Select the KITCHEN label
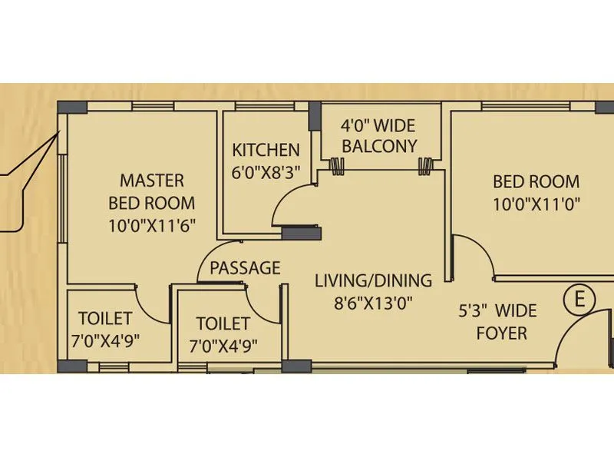[266, 150]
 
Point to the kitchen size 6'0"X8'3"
[266, 172]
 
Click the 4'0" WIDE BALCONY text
[379, 134]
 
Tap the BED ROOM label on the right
[536, 182]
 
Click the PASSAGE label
[245, 268]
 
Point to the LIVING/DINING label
[373, 280]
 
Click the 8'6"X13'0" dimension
[373, 303]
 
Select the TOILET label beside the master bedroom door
[105, 318]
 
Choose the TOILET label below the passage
[223, 323]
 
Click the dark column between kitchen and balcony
[315, 116]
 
